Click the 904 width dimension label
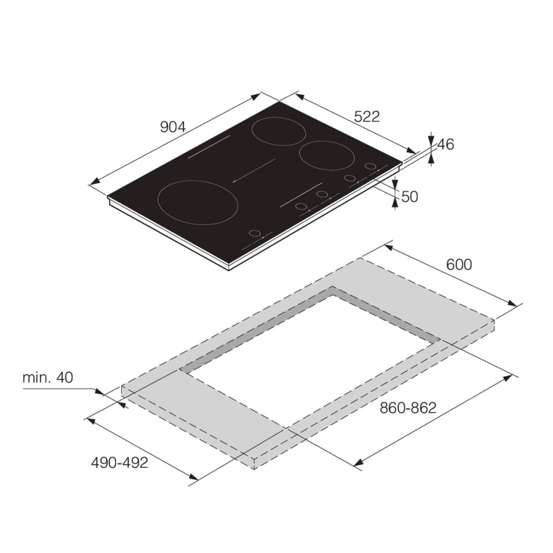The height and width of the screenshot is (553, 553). [x=173, y=127]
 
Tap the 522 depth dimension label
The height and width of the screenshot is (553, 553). [x=367, y=116]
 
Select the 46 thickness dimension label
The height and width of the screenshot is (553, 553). [x=446, y=144]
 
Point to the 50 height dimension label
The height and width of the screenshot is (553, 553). [x=410, y=197]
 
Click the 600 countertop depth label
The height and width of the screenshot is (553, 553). [x=459, y=264]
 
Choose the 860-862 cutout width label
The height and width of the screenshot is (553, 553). [x=408, y=408]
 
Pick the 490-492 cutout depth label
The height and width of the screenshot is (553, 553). [x=119, y=463]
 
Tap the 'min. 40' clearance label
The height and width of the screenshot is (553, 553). [x=48, y=378]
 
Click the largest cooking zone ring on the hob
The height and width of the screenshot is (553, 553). [x=158, y=203]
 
